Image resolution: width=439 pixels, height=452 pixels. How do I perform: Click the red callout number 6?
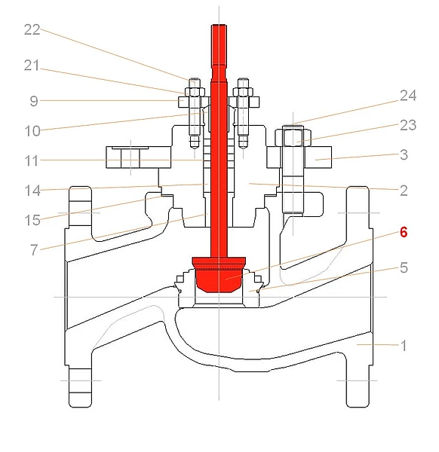[404, 232]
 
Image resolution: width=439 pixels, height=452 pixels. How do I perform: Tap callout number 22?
[32, 29]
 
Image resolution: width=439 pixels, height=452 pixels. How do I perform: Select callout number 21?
[32, 66]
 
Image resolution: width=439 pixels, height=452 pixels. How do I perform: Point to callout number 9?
[34, 101]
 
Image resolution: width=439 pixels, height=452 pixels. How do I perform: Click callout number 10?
[32, 131]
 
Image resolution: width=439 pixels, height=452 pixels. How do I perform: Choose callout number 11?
[32, 161]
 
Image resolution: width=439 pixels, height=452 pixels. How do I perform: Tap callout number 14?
[32, 191]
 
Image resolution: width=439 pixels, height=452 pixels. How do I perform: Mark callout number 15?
[32, 221]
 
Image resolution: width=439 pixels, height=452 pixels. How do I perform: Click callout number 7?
[34, 250]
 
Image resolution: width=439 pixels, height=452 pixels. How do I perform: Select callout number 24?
[408, 96]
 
